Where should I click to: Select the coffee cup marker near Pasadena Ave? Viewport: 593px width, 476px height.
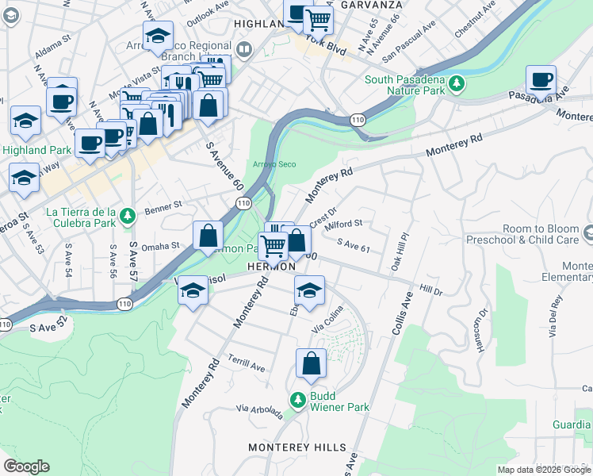click(x=541, y=80)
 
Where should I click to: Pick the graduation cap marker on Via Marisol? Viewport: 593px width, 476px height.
click(x=192, y=290)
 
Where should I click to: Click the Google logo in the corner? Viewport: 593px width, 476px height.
click(x=26, y=466)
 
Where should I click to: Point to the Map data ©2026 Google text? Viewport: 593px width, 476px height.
click(x=544, y=470)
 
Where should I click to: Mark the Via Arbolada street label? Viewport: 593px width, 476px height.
click(x=258, y=411)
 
